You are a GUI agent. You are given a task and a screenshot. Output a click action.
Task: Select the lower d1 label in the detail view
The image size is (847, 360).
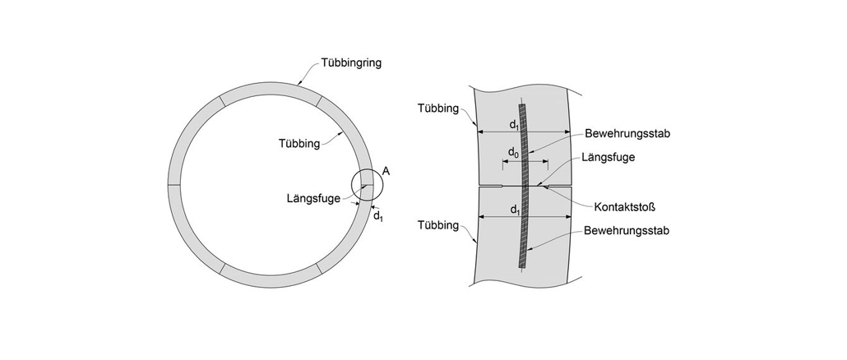click(514, 210)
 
